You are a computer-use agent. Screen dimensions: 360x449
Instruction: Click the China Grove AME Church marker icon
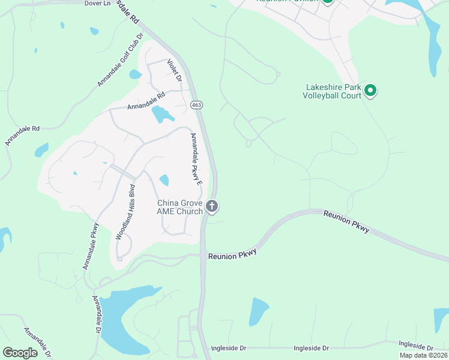pyautogui.click(x=211, y=206)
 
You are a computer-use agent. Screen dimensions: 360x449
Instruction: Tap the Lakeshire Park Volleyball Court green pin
pyautogui.click(x=370, y=91)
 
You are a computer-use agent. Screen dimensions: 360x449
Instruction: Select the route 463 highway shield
pyautogui.click(x=196, y=105)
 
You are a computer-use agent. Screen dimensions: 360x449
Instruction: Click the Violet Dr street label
pyautogui.click(x=174, y=71)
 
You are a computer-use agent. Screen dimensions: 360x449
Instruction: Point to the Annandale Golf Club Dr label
pyautogui.click(x=120, y=59)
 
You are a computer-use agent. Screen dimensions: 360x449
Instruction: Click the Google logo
pyautogui.click(x=20, y=353)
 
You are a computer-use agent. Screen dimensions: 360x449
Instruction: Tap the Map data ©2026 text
pyautogui.click(x=423, y=355)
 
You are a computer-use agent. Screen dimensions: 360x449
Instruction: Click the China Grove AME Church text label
pyautogui.click(x=180, y=207)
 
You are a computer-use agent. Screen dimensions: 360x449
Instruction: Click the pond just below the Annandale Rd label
pyautogui.click(x=161, y=113)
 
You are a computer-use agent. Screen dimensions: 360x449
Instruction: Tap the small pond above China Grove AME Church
pyautogui.click(x=164, y=179)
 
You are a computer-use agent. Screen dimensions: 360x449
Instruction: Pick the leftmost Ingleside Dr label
pyautogui.click(x=229, y=348)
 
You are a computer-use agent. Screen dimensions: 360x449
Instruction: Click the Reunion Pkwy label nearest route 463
pyautogui.click(x=232, y=254)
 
